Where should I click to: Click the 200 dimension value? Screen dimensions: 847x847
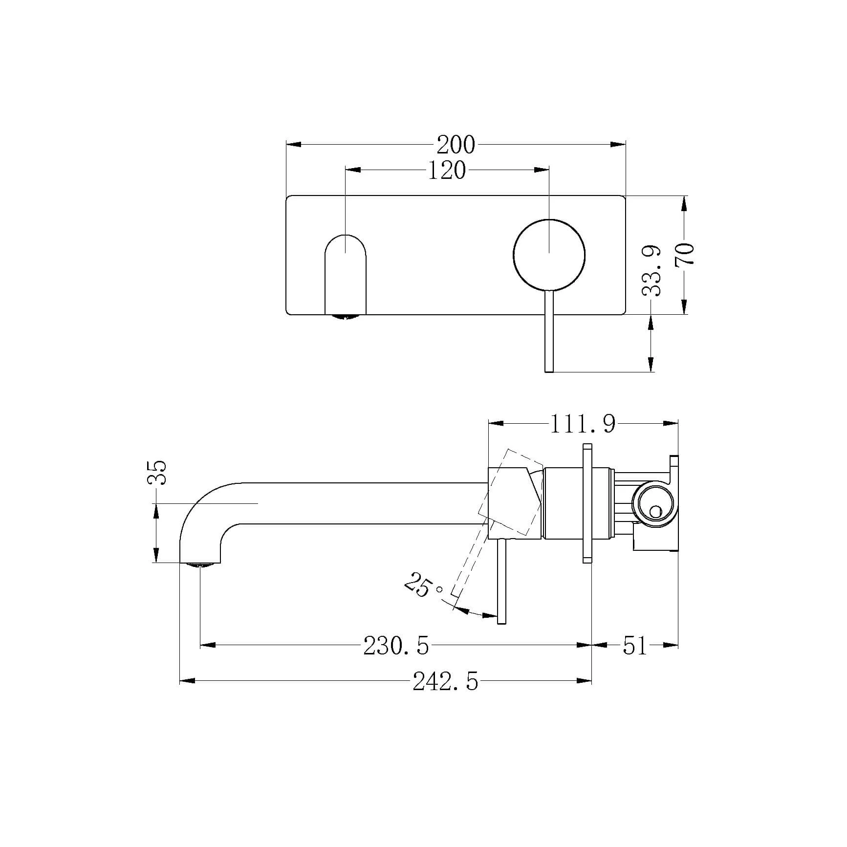[x=456, y=145]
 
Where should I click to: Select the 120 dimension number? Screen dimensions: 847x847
[x=447, y=170]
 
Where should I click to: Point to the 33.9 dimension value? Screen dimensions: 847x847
[x=652, y=271]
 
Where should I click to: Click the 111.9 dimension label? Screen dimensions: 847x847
[x=583, y=424]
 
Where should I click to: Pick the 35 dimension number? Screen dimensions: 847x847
[x=157, y=472]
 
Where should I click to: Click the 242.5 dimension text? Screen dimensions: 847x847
[x=445, y=681]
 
